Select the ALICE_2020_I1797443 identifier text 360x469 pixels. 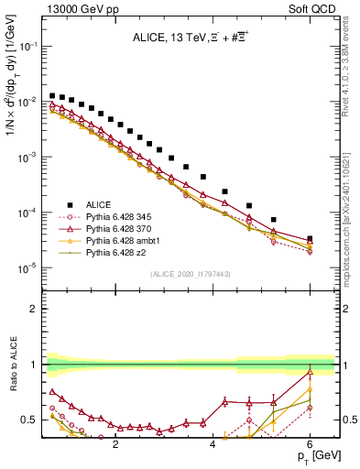pyautogui.click(x=188, y=274)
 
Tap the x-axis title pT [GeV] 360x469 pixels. pyautogui.click(x=312, y=455)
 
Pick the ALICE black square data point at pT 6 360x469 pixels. pyautogui.click(x=310, y=239)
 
